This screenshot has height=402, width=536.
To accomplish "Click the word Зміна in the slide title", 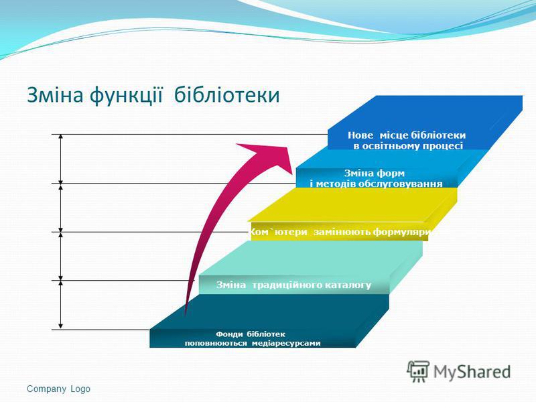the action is (55, 95).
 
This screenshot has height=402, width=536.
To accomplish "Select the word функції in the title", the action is (126, 96).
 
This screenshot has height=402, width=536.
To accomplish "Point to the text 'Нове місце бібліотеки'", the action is (407, 135).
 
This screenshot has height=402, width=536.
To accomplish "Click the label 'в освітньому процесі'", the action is (408, 146).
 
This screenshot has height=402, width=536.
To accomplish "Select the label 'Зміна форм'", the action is (375, 173).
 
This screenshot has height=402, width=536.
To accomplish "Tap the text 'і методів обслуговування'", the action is (376, 184).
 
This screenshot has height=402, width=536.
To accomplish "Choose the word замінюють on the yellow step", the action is (342, 232).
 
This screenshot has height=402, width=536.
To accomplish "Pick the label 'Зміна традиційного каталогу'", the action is (293, 285).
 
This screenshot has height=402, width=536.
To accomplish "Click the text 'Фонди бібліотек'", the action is (250, 334).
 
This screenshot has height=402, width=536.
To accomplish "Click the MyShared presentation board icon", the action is (417, 371).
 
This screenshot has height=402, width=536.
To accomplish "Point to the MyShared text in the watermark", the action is (472, 372).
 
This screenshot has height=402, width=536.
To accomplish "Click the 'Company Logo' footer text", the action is (58, 389).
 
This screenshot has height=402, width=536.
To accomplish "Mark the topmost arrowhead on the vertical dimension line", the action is (61, 137).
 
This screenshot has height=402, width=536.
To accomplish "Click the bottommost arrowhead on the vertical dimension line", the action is (61, 327).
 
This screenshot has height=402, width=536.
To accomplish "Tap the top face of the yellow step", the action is (352, 204).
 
